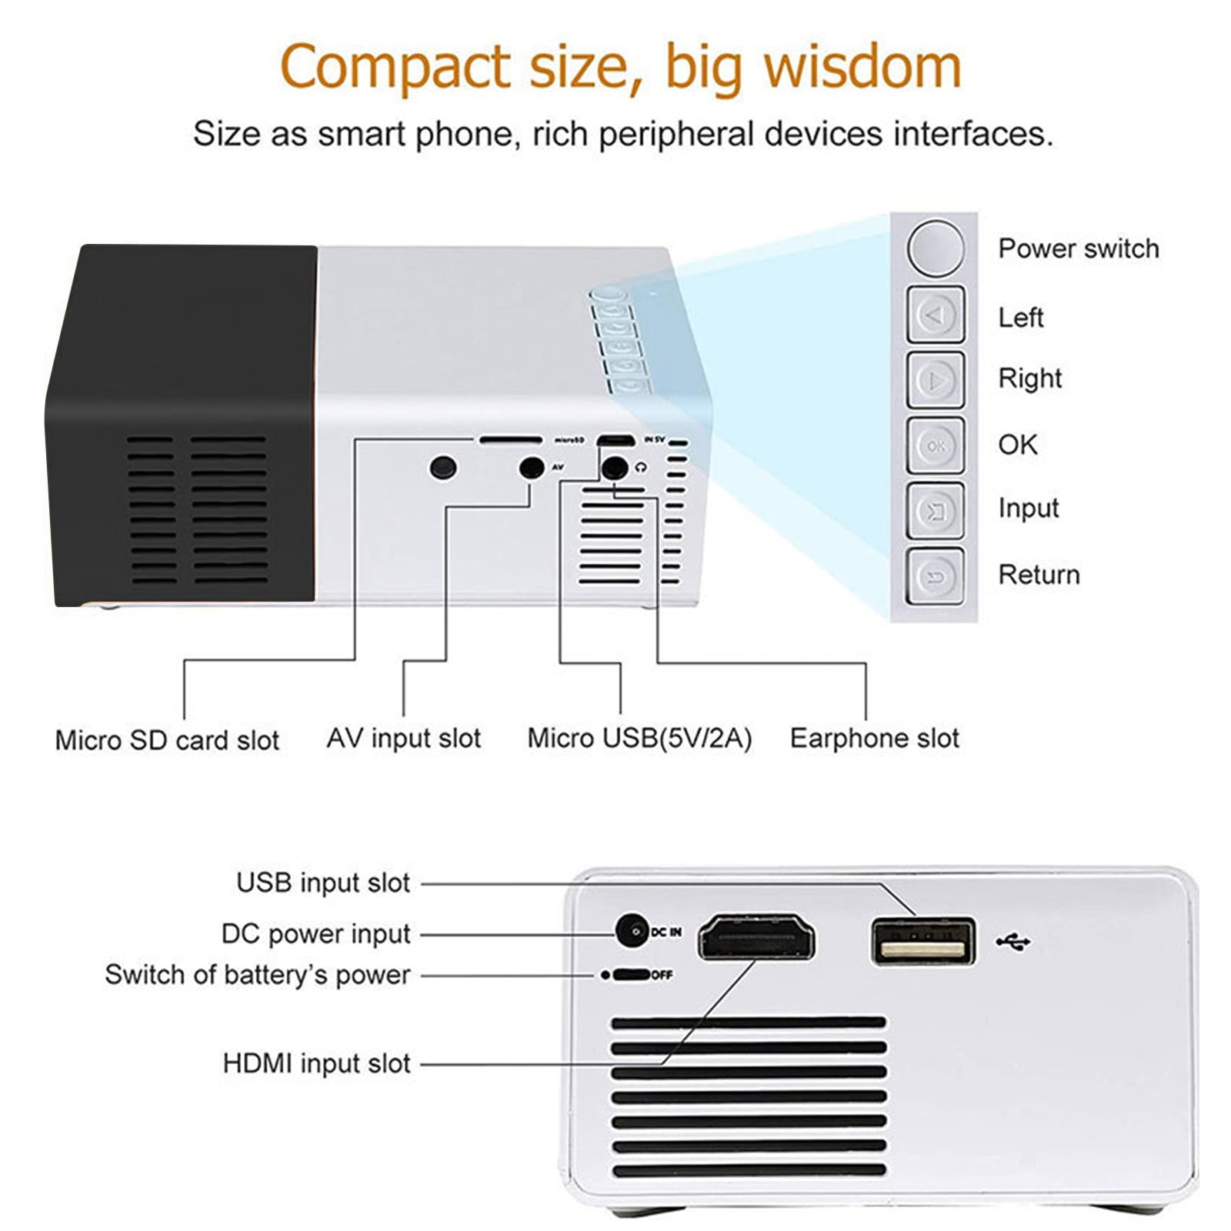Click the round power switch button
(x=935, y=248)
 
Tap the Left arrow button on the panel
(x=935, y=315)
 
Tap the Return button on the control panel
(x=935, y=576)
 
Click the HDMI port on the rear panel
(x=756, y=937)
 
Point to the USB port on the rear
(x=922, y=941)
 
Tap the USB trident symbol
(x=1013, y=941)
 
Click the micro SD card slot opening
(x=510, y=440)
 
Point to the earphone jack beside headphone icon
(x=613, y=468)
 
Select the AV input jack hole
(x=532, y=468)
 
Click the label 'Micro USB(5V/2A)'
(x=639, y=739)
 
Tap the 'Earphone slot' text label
(x=874, y=739)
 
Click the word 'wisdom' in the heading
(x=862, y=67)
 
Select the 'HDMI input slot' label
(x=316, y=1063)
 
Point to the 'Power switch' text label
(x=1078, y=249)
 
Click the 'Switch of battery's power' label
(x=258, y=975)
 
